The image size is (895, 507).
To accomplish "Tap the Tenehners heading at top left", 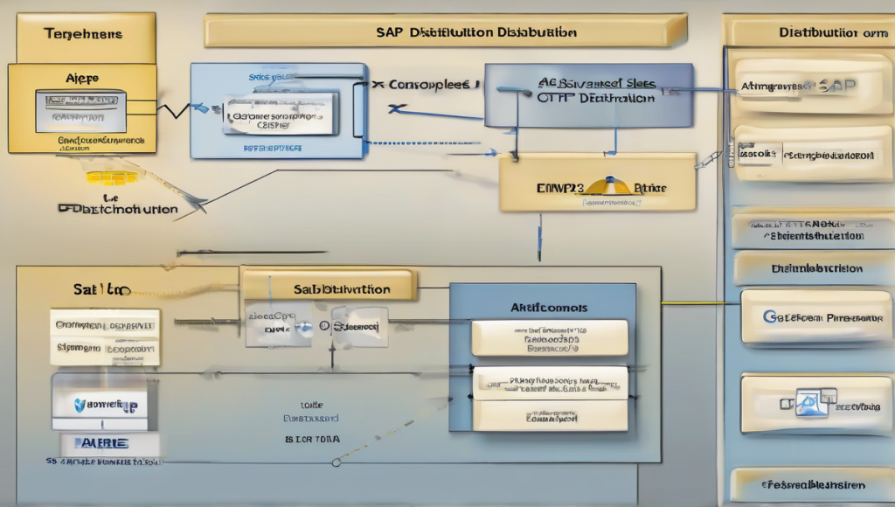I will coord(83,34).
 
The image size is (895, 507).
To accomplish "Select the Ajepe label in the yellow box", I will coord(82,78).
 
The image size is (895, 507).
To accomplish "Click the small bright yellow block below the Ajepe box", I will coord(111,177).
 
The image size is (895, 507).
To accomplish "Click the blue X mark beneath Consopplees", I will coord(398,109).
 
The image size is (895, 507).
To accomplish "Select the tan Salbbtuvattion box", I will coord(329,288).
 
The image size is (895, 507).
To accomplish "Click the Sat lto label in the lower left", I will coord(101,288).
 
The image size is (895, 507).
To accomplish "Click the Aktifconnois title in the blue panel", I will coord(549,308).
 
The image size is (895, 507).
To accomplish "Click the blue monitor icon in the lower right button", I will coord(813,403).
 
